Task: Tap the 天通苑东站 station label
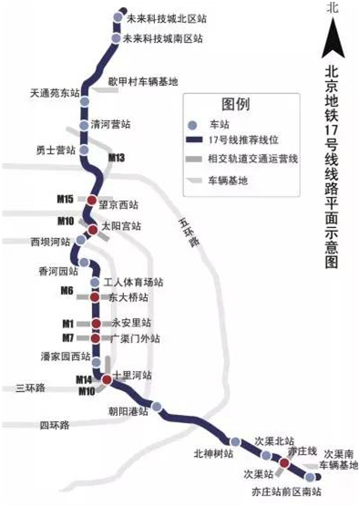pyautogui.click(x=55, y=92)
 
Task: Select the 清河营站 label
pyautogui.click(x=116, y=128)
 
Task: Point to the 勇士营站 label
pyautogui.click(x=54, y=149)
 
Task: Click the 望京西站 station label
pyautogui.click(x=119, y=204)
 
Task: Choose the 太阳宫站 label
pyautogui.click(x=120, y=224)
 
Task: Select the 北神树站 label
pyautogui.click(x=214, y=452)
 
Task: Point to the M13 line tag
pyautogui.click(x=116, y=158)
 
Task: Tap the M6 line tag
pyautogui.click(x=66, y=291)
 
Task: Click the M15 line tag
pyautogui.click(x=65, y=199)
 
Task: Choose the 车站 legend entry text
pyautogui.click(x=221, y=124)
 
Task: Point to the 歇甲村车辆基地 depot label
pyautogui.click(x=143, y=81)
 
